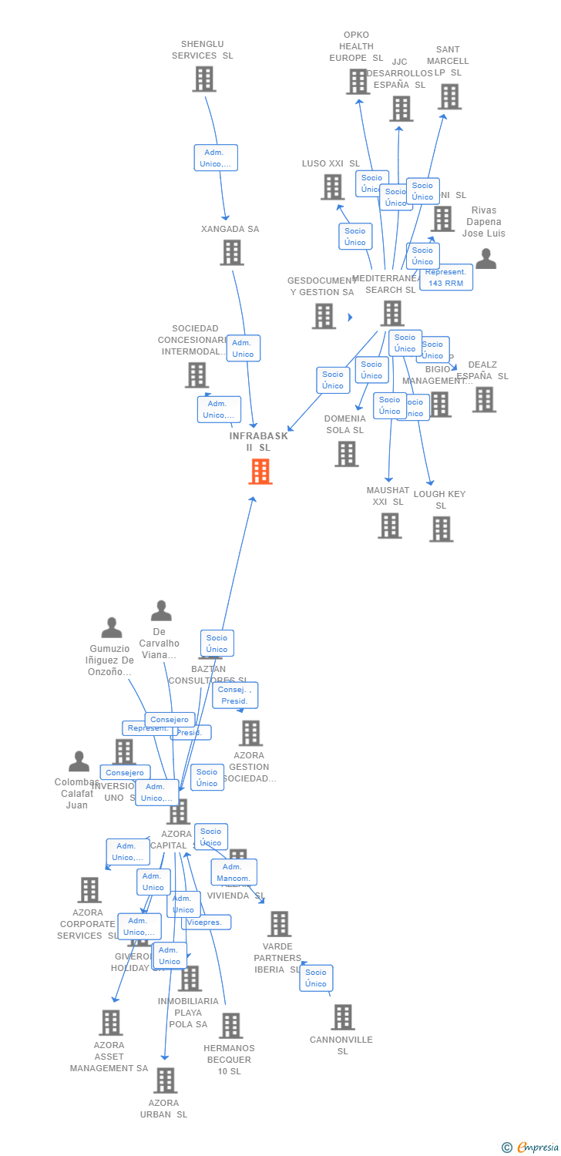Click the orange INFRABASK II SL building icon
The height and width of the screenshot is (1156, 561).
pyautogui.click(x=260, y=472)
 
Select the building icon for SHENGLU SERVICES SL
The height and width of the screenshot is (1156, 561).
pyautogui.click(x=204, y=79)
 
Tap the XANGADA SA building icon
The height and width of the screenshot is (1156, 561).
pyautogui.click(x=232, y=253)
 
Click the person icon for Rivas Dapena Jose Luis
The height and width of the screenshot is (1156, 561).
pyautogui.click(x=485, y=259)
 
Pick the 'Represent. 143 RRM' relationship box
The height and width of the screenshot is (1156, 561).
pyautogui.click(x=446, y=277)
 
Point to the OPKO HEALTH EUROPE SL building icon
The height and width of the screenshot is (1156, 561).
pyautogui.click(x=358, y=82)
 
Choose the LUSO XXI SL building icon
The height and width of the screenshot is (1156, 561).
pyautogui.click(x=332, y=187)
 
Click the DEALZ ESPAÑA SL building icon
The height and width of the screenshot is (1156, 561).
pyautogui.click(x=484, y=399)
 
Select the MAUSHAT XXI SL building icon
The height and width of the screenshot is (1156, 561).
pyautogui.click(x=390, y=526)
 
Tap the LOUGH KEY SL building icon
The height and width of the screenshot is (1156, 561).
pyautogui.click(x=442, y=529)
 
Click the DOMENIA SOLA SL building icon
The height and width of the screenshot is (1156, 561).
pyautogui.click(x=346, y=454)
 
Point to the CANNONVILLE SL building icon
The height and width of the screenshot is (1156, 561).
pyautogui.click(x=343, y=1017)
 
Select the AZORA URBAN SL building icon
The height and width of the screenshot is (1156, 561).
pyautogui.click(x=165, y=1080)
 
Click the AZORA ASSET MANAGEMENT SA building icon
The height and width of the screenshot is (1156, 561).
pyautogui.click(x=111, y=1023)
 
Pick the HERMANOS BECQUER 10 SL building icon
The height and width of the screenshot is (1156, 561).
pyautogui.click(x=230, y=1026)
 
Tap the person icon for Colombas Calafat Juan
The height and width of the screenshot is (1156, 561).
pyautogui.click(x=79, y=761)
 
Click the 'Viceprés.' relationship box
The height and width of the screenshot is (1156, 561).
pyautogui.click(x=207, y=922)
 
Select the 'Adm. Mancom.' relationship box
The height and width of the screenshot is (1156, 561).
pyautogui.click(x=233, y=872)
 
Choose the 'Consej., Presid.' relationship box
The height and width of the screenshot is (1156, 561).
pyautogui.click(x=234, y=695)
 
